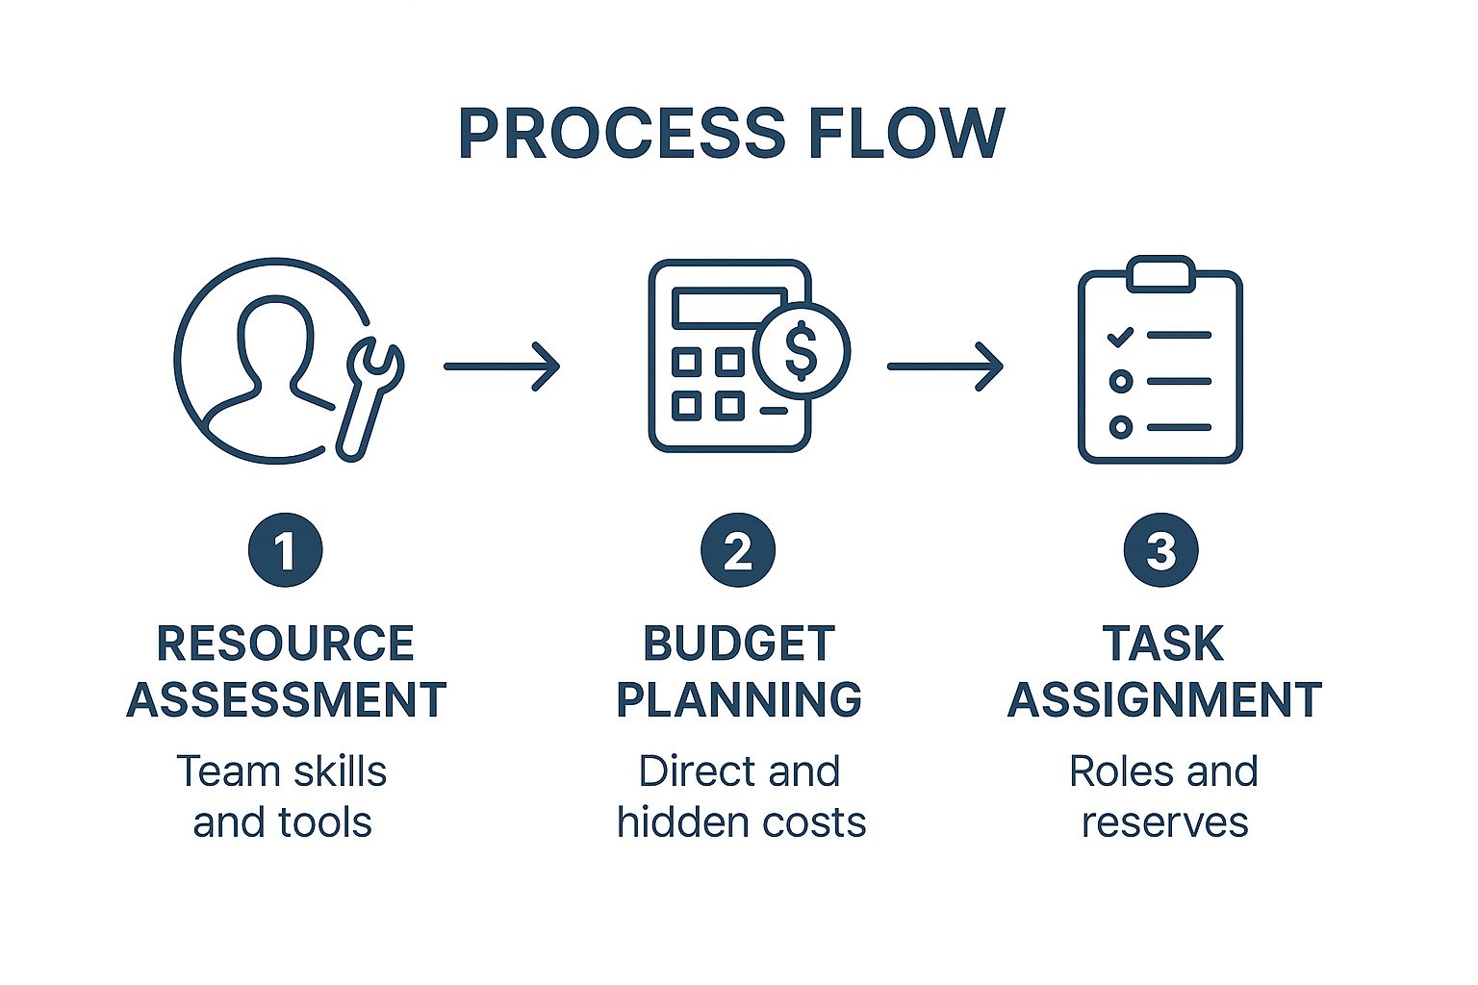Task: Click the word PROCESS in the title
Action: point(621,133)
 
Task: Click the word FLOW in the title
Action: point(905,133)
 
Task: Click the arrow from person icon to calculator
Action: point(501,366)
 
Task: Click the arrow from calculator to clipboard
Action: point(945,366)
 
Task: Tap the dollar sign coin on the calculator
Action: point(801,351)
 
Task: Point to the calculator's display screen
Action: point(729,307)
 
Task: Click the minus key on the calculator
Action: point(773,411)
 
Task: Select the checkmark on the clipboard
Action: point(1120,337)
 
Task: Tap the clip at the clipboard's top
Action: point(1160,273)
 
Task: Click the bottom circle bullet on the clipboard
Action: point(1120,426)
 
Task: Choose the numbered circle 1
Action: point(285,551)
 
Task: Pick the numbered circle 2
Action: point(738,551)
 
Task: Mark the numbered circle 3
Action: point(1161,551)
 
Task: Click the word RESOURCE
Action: point(285,644)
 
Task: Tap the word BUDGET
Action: point(738,644)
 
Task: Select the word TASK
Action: point(1162,644)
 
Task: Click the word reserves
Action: point(1164,822)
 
